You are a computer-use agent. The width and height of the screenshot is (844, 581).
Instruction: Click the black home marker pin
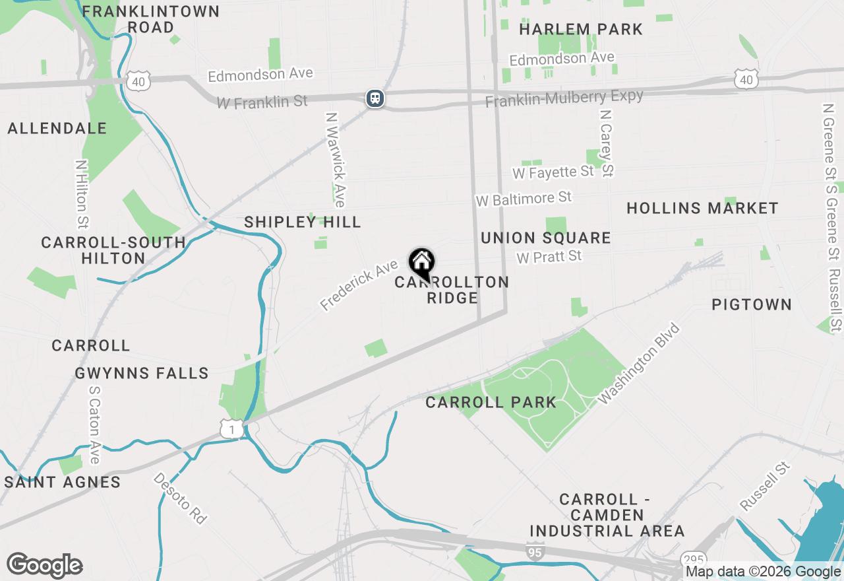[x=421, y=263]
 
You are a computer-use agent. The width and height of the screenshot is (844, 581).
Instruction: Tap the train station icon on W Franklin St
[x=375, y=98]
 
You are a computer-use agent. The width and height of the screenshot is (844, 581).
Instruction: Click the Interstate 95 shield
[x=535, y=551]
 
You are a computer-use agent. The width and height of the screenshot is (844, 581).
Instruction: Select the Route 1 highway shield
[x=231, y=430]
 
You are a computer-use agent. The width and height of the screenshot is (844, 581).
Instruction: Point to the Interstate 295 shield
[x=693, y=558]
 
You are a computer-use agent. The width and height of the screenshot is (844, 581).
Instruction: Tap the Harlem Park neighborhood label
[x=580, y=29]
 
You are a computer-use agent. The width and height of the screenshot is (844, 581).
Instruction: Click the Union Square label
[x=546, y=238]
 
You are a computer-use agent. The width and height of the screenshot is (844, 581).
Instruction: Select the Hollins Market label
[x=702, y=208]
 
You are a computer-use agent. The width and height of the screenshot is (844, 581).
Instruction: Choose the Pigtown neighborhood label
[x=751, y=304]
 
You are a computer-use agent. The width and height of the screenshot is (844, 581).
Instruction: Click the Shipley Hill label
[x=303, y=222]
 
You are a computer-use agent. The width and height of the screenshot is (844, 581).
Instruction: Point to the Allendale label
[x=57, y=128]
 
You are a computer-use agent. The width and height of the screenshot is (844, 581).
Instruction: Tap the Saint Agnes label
[x=63, y=482]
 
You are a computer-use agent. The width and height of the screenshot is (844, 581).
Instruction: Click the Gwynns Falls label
[x=142, y=374]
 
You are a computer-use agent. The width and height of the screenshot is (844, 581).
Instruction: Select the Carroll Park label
[x=491, y=402]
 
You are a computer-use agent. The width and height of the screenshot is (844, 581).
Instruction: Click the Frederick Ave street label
[x=359, y=285]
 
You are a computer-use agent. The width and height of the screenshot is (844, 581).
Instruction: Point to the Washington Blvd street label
[x=638, y=363]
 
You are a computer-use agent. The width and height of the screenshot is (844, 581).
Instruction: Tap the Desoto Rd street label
[x=180, y=498]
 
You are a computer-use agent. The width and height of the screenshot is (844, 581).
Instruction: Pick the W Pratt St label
[x=549, y=256]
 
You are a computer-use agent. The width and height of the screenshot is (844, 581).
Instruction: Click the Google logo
[x=44, y=566]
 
